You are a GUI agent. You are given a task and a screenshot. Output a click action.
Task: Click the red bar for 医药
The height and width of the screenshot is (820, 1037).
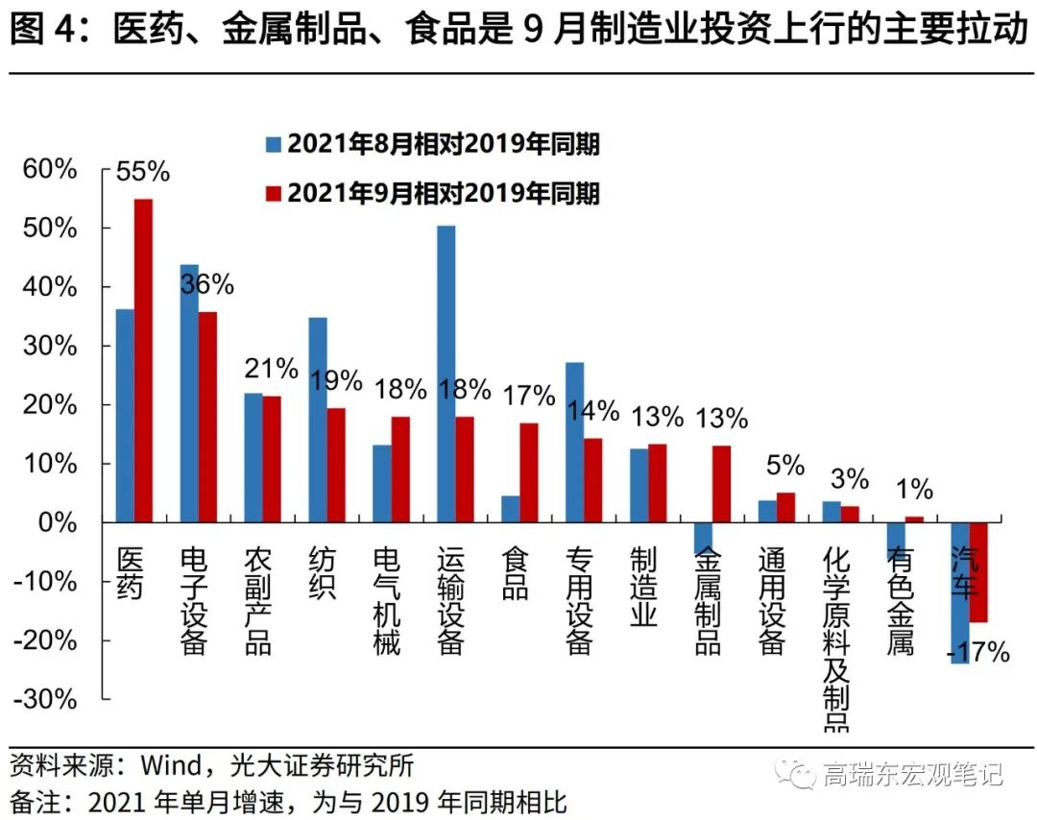click(143, 360)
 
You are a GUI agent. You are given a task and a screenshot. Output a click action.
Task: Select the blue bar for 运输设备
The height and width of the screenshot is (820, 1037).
click(446, 374)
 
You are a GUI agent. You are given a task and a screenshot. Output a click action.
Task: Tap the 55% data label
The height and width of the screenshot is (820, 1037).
click(142, 173)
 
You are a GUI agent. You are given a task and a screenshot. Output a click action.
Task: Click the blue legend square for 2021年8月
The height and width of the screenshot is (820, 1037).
click(274, 144)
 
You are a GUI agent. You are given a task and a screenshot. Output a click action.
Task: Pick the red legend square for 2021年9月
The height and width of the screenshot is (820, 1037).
click(274, 194)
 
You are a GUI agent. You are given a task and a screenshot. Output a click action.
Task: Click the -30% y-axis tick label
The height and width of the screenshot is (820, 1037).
click(43, 699)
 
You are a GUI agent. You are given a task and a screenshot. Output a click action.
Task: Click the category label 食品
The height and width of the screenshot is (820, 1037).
click(515, 574)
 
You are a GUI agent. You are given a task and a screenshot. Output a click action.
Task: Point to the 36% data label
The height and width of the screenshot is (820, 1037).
click(206, 284)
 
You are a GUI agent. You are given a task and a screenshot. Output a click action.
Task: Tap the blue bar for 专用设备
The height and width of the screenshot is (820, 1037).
click(574, 442)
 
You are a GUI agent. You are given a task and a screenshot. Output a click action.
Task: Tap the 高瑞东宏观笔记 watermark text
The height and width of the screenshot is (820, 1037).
click(912, 773)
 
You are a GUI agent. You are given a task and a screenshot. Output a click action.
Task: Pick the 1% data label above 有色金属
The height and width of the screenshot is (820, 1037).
click(914, 490)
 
